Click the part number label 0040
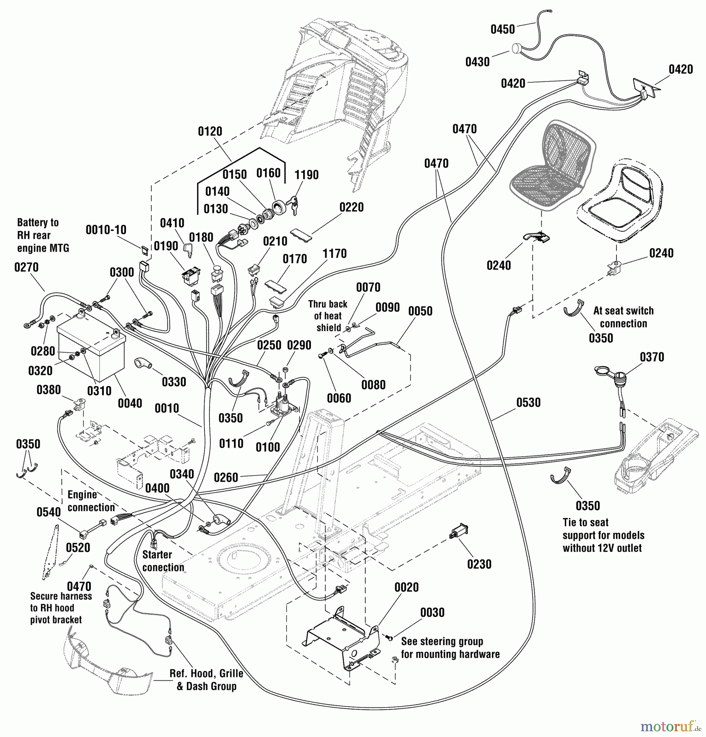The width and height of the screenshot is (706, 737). pyautogui.click(x=130, y=403)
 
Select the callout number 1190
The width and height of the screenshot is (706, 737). pyautogui.click(x=306, y=175)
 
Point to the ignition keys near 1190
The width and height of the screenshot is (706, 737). pyautogui.click(x=293, y=204)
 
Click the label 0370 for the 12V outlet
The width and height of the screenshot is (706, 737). pyautogui.click(x=652, y=357)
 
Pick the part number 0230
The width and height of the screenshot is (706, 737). pyautogui.click(x=479, y=564)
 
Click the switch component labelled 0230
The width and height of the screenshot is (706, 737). pyautogui.click(x=459, y=531)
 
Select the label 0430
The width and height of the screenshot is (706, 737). pyautogui.click(x=477, y=62)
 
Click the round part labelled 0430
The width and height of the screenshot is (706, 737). pyautogui.click(x=517, y=49)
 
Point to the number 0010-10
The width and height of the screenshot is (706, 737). pyautogui.click(x=106, y=230)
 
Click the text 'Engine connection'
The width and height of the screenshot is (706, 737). pyautogui.click(x=91, y=501)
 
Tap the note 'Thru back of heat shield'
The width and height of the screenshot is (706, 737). pyautogui.click(x=328, y=316)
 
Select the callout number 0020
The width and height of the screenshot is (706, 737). pyautogui.click(x=406, y=587)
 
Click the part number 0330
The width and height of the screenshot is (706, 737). pyautogui.click(x=174, y=382)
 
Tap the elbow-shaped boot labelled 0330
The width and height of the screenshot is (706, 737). pyautogui.click(x=143, y=364)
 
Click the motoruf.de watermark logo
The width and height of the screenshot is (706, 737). pyautogui.click(x=670, y=726)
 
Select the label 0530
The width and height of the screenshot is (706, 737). pyautogui.click(x=528, y=402)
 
